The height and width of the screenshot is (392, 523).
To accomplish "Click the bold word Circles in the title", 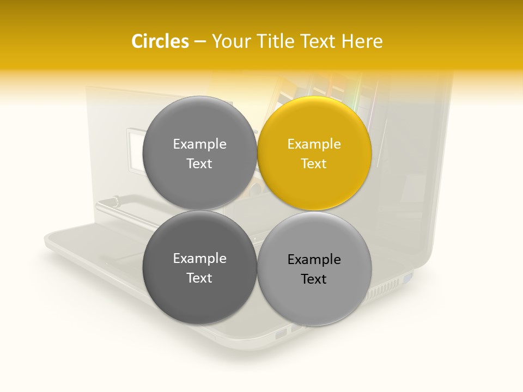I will (160, 41).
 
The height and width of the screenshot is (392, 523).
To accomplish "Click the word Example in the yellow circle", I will (314, 144).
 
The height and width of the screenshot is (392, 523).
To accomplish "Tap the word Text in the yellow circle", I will (314, 164).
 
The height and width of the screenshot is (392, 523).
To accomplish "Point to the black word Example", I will (314, 260).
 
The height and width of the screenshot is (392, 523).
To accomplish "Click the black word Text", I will (314, 279).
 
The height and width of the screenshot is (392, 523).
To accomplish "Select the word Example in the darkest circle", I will (199, 259).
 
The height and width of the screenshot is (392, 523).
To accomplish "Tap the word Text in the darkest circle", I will (199, 278).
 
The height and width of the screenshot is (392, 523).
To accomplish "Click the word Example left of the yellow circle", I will (199, 144).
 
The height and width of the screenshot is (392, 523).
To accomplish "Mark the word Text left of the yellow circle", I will (199, 164).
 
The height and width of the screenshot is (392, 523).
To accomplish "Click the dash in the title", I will (200, 41).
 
